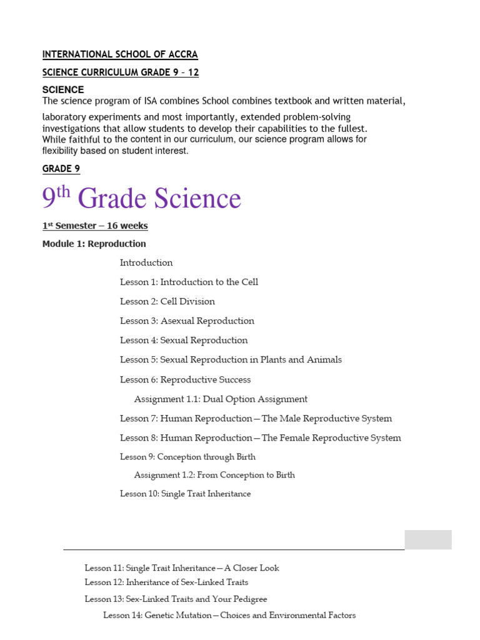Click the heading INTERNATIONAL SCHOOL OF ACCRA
(x=120, y=54)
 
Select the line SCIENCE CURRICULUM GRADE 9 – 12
(x=121, y=72)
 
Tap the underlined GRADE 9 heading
(x=61, y=169)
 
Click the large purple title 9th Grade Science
(x=141, y=198)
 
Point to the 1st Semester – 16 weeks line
(x=95, y=226)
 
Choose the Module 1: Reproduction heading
(x=94, y=244)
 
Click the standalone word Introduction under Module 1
(x=146, y=262)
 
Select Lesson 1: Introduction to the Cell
(x=189, y=282)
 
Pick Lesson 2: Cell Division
(x=167, y=301)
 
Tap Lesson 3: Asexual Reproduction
(x=187, y=321)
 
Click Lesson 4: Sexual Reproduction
(x=184, y=340)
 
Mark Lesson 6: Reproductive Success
(x=185, y=379)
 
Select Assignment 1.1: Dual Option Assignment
(x=221, y=399)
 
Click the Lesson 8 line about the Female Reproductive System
(x=260, y=437)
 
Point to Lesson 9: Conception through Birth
(x=187, y=457)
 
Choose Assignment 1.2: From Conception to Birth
(x=214, y=475)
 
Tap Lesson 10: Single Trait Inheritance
(x=185, y=494)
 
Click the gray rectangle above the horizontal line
(x=427, y=539)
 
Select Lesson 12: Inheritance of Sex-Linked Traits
(x=166, y=582)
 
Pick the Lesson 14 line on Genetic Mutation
(x=229, y=616)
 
